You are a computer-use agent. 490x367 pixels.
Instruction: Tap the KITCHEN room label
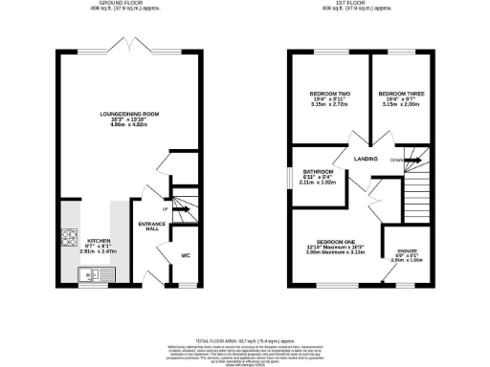tap(100, 240)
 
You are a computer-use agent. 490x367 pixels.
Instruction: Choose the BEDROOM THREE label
tap(401, 94)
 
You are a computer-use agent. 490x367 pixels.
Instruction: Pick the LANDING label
tap(365, 159)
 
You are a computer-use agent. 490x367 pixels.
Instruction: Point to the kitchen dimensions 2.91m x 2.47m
tap(100, 251)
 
